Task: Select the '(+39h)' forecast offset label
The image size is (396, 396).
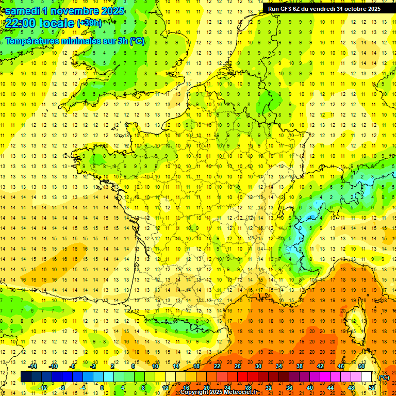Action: [x=89, y=23]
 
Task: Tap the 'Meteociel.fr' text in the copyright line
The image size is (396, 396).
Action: [x=241, y=392]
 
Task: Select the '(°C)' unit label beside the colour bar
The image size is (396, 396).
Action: [x=384, y=377]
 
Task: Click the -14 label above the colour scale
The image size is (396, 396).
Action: [x=33, y=366]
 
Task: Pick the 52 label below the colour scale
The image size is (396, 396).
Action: [x=372, y=388]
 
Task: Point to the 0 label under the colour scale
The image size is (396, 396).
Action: [x=102, y=388]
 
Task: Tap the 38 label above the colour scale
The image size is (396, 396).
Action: [x=300, y=366]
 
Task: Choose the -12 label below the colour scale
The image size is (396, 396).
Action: [x=43, y=388]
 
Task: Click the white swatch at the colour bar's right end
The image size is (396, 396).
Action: [x=367, y=377]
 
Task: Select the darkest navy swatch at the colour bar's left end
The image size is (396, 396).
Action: [x=26, y=377]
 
